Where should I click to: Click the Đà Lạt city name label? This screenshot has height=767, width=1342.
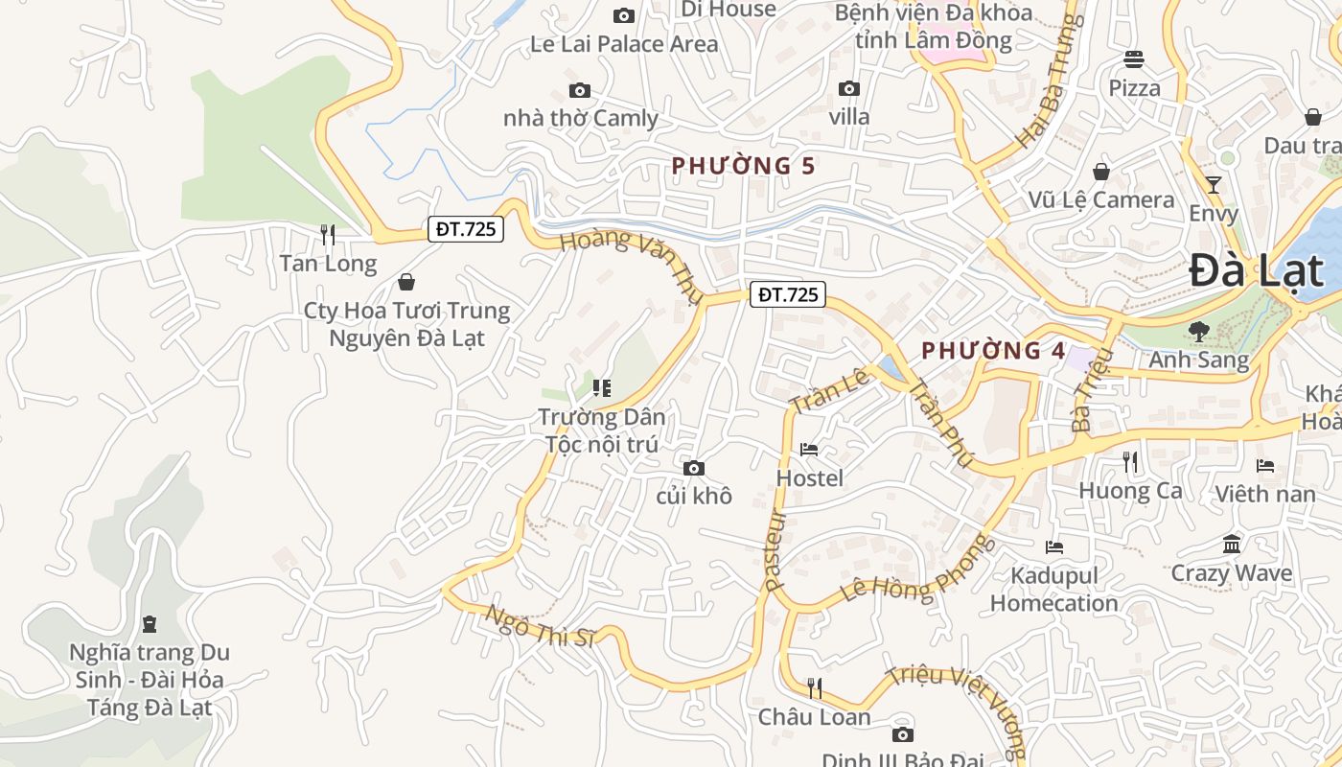[x=1256, y=271]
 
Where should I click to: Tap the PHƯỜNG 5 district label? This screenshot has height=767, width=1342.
[x=743, y=166]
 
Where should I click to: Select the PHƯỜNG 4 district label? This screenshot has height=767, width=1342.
[x=993, y=351]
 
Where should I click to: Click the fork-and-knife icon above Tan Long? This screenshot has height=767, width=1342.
[x=328, y=234]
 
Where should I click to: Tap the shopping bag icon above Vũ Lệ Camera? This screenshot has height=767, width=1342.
[x=1101, y=172]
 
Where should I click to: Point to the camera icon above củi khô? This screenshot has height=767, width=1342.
[x=694, y=468]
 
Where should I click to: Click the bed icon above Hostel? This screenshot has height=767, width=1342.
[x=809, y=450]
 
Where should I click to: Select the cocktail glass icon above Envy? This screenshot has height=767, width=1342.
[x=1214, y=184]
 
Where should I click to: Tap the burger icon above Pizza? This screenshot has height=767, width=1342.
[x=1134, y=59]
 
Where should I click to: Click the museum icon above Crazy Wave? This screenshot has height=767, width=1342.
[x=1232, y=545]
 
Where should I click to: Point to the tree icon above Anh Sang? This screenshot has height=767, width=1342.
[x=1198, y=332]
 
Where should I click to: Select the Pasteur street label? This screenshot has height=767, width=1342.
[x=775, y=549]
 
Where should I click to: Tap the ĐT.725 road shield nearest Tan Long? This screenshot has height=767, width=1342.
[x=465, y=229]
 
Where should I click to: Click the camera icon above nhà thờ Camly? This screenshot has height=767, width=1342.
[x=580, y=90]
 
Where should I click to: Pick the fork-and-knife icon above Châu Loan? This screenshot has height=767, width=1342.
[x=814, y=687]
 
